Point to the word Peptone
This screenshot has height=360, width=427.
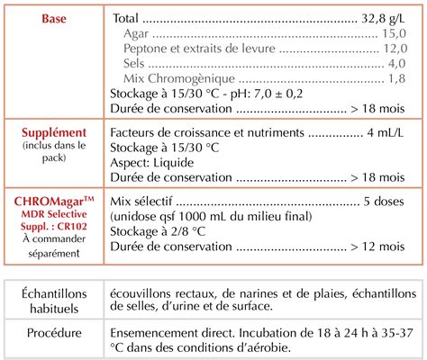pyautogui.click(x=150, y=49)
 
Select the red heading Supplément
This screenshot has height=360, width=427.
pyautogui.click(x=54, y=132)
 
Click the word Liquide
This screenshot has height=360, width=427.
pyautogui.click(x=182, y=162)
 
